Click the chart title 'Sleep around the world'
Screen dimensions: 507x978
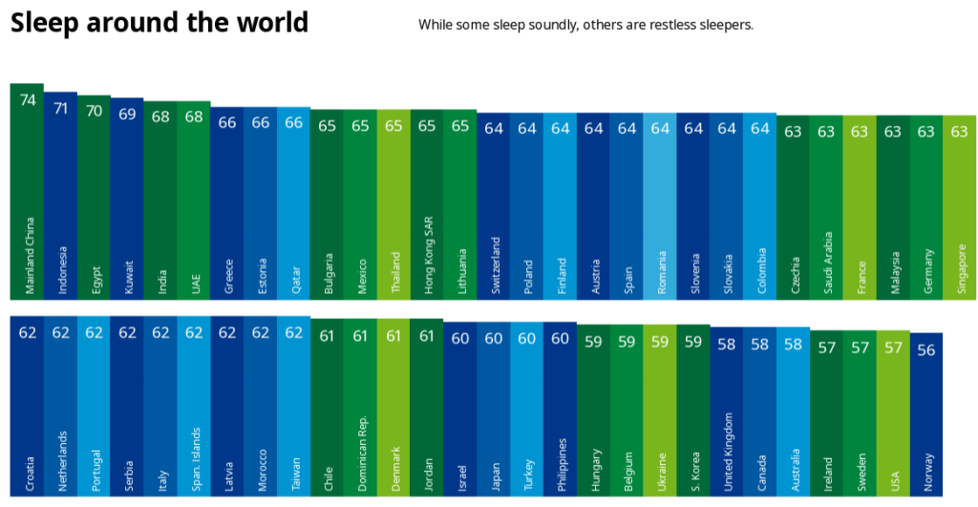159,23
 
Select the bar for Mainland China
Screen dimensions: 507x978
27,191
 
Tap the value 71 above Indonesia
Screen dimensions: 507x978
61,108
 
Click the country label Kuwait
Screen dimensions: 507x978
128,278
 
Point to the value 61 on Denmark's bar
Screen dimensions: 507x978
393,336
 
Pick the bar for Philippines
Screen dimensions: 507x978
560,411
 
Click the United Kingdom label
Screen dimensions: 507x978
727,452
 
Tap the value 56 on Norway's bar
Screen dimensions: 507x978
925,350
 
